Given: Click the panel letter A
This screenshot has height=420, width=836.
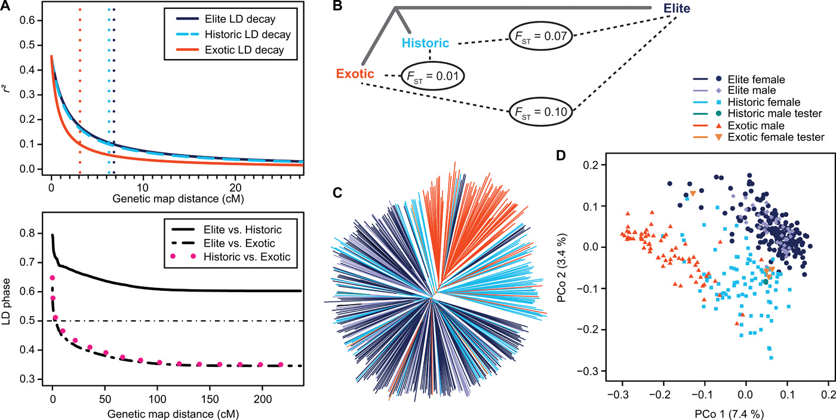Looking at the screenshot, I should [7, 7].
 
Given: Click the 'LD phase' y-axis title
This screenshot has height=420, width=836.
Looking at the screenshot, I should [7, 305].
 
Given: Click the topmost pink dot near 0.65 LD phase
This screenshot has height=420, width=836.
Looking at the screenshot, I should [53, 278].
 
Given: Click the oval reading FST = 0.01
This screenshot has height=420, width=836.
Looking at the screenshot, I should [432, 76].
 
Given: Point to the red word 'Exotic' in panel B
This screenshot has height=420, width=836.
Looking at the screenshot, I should [355, 74].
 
